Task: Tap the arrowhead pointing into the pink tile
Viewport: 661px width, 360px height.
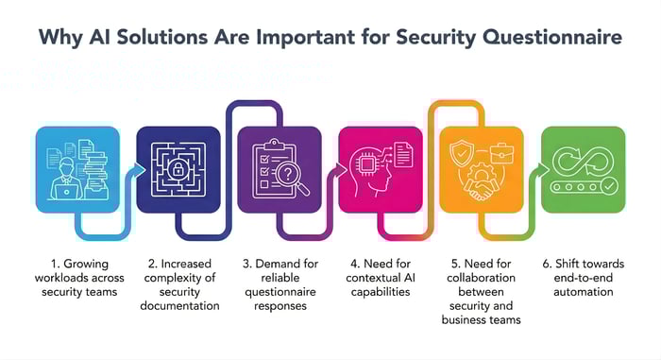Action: [x=341, y=169]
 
